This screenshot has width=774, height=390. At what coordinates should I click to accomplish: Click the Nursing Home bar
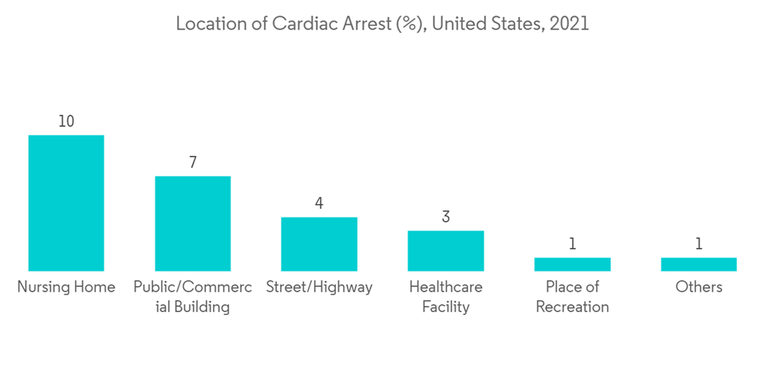point(66,203)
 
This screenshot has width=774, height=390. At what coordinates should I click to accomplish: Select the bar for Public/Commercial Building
point(193,223)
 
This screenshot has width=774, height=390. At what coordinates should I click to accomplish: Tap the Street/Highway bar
point(319,244)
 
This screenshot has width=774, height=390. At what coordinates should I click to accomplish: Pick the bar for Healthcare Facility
point(446,251)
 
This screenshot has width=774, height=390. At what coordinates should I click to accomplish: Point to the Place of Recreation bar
point(572,264)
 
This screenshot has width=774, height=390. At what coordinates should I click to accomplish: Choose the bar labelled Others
point(699,264)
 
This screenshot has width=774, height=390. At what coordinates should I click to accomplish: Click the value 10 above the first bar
point(66,121)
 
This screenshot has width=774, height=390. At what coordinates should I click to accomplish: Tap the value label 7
point(193,162)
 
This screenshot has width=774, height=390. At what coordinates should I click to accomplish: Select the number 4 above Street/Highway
point(319,204)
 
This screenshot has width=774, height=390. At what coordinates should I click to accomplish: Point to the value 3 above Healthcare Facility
point(446,217)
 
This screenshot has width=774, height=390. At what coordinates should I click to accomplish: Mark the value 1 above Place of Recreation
point(573,244)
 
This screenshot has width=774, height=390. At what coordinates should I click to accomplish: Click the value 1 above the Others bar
point(699,244)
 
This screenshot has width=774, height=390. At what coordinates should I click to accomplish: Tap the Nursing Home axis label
point(66,287)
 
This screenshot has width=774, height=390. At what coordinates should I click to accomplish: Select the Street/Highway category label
point(319,287)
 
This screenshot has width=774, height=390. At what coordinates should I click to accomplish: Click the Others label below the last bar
point(699,287)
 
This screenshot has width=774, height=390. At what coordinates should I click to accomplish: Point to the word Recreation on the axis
point(572,307)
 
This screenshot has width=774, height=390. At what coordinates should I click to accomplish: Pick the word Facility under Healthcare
point(446,307)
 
